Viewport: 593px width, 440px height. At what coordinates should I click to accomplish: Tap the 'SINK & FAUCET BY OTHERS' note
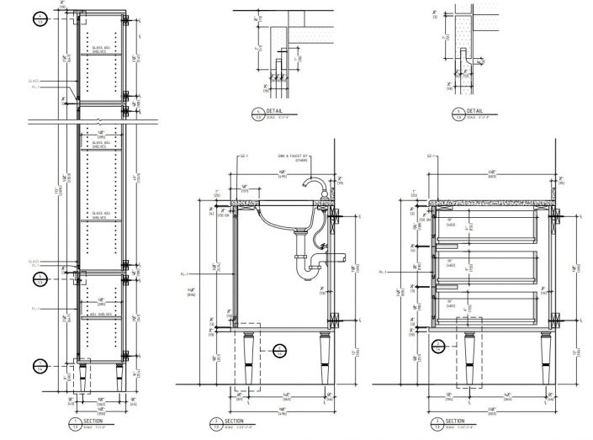pos(294,158)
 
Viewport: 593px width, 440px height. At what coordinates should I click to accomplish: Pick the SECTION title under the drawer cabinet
pos(454,421)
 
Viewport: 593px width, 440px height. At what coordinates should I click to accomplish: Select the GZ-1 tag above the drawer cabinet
pos(432,156)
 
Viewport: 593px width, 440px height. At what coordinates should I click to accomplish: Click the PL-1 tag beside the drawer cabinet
pos(383,272)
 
